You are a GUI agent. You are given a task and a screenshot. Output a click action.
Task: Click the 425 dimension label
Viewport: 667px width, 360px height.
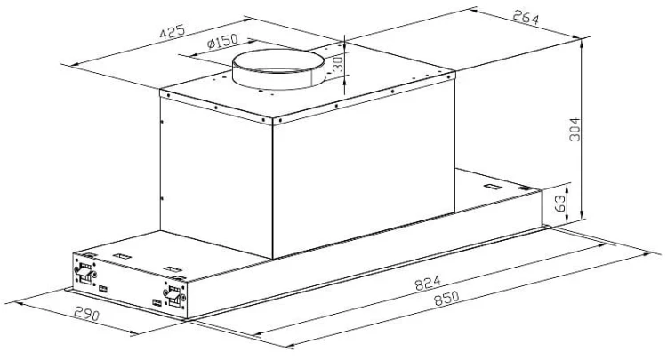173,32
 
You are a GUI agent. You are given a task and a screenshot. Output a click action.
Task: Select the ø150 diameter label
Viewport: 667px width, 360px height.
222,41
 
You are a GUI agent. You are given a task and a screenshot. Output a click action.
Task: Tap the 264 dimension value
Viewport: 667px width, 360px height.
526,17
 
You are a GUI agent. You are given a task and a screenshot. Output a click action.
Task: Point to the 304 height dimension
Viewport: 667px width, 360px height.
575,129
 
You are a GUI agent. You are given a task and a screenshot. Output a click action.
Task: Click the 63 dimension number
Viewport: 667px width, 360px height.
559,203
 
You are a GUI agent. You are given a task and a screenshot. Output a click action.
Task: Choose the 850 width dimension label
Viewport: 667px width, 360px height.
446,298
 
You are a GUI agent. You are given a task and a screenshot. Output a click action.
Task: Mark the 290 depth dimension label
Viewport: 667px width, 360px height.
87,314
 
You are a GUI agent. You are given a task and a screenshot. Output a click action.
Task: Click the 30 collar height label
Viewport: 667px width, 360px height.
337,65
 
